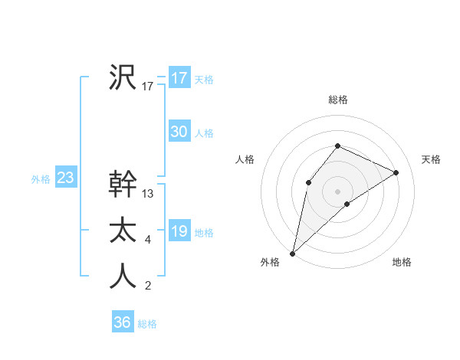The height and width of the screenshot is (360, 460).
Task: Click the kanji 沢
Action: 123,77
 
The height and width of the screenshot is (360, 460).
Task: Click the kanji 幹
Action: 123,184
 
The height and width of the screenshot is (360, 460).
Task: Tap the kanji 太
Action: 123,230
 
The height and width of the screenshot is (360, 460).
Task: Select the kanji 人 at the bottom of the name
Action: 123,276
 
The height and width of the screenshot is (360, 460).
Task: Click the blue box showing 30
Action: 179,132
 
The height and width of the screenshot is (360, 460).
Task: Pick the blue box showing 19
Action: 179,231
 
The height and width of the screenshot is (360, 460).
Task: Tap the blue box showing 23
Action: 65,178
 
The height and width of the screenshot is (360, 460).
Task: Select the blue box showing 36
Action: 122,322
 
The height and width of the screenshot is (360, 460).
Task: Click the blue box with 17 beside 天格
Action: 179,78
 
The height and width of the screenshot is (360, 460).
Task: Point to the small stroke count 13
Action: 148,194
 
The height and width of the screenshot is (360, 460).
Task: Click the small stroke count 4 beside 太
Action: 148,241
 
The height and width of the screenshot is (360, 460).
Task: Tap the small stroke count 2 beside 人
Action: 148,286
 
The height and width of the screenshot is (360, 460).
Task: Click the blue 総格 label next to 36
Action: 147,324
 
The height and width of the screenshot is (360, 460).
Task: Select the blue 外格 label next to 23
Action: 41,179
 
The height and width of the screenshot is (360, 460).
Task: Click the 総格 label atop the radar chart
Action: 337,100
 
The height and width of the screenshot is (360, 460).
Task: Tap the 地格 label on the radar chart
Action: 402,262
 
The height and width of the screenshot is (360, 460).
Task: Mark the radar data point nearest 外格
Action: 292,253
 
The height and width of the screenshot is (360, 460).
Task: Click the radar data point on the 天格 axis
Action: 396,172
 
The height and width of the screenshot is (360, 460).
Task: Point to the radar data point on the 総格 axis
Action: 337,146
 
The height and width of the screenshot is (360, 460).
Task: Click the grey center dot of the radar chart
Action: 337,191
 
